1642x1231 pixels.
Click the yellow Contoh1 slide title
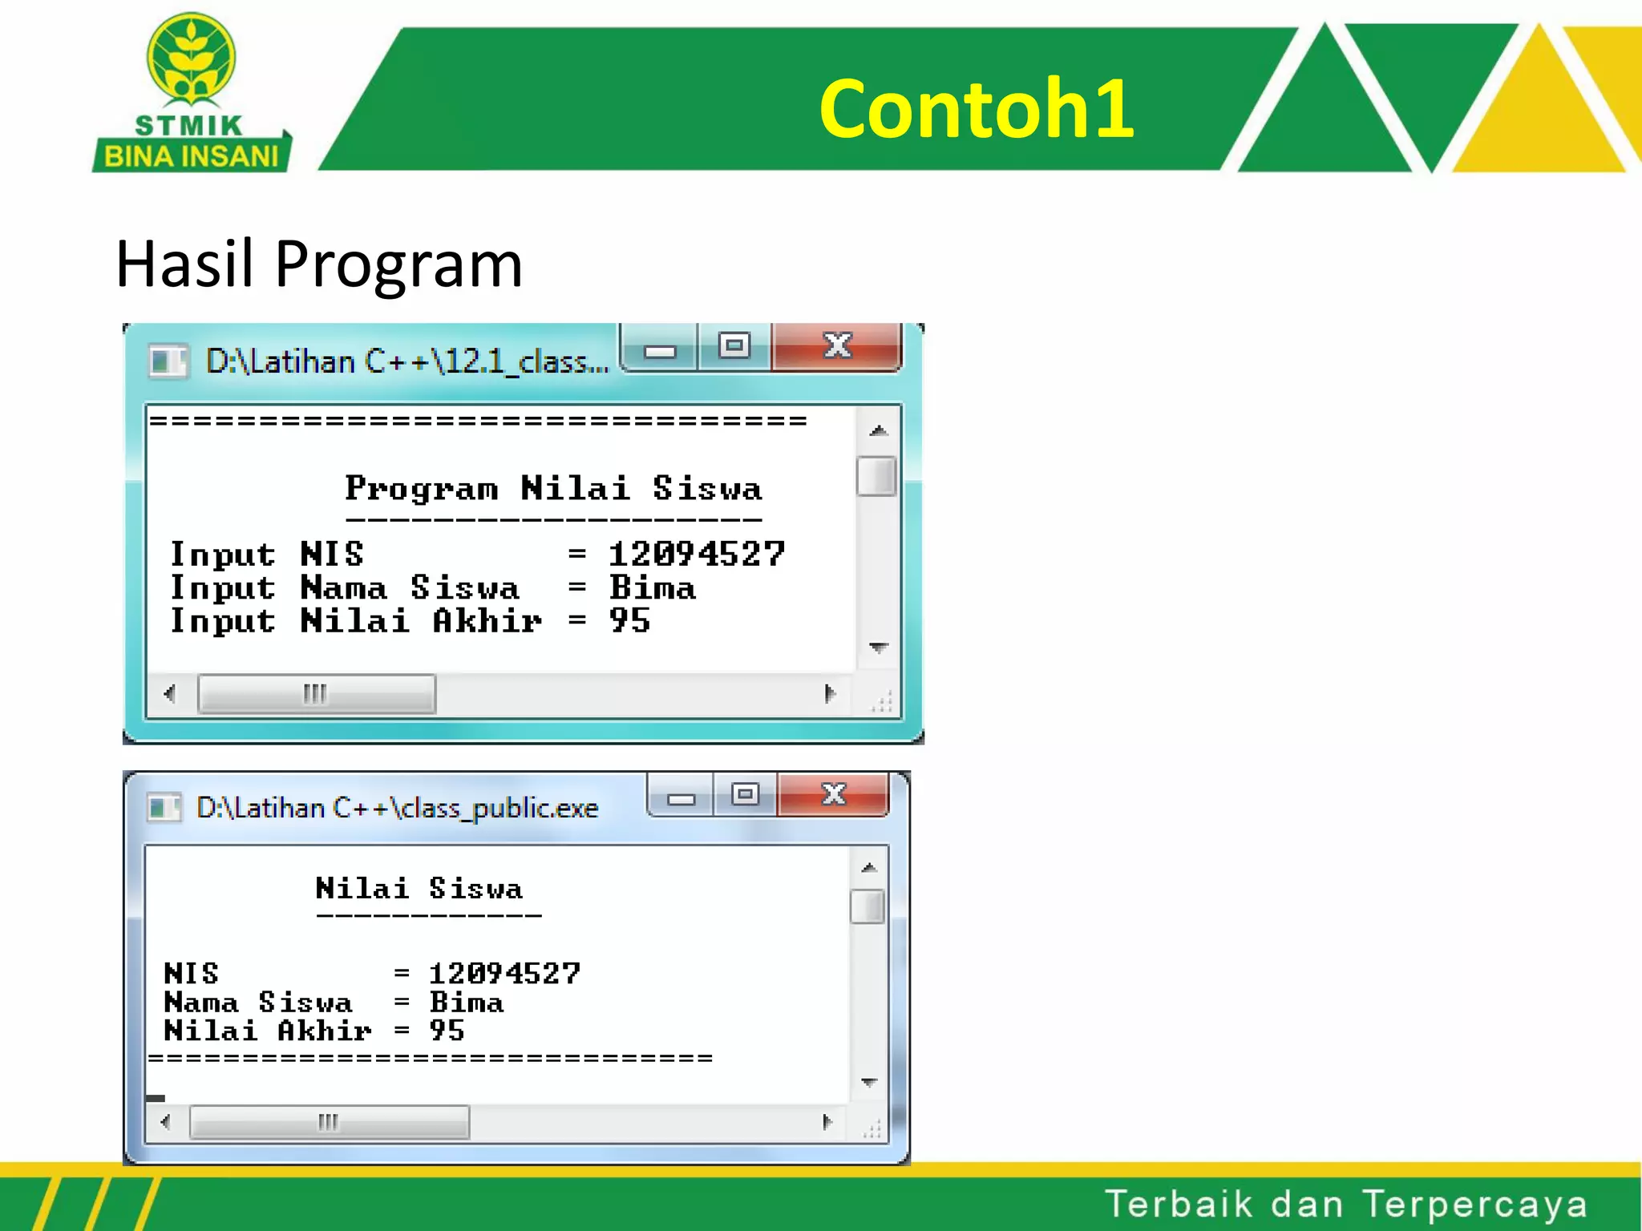point(976,108)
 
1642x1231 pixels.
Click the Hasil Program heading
point(318,264)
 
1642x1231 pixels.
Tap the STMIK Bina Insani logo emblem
point(191,60)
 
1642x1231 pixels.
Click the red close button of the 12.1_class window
point(836,346)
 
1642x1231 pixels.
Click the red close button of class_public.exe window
point(833,794)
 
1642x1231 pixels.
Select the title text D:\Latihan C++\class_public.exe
point(397,808)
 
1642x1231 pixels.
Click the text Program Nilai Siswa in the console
point(552,488)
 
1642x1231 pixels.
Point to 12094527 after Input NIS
point(696,554)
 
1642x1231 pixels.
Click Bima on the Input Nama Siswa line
point(652,588)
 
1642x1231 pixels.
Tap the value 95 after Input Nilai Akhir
point(629,621)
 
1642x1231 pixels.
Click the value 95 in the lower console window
point(447,1031)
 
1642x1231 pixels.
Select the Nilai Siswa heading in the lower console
point(419,888)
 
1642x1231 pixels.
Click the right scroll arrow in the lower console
point(827,1122)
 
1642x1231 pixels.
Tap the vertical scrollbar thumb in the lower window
point(867,906)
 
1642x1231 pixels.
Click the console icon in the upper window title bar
point(168,361)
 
